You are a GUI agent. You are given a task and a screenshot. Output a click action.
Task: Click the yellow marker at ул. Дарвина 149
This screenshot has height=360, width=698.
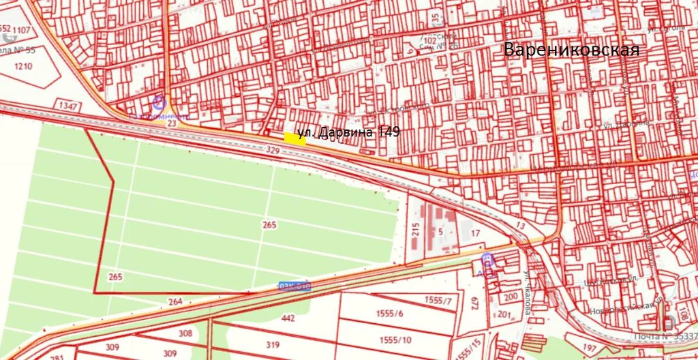pyautogui.click(x=294, y=138)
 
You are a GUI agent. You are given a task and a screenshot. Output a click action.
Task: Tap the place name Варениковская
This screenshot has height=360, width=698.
pyautogui.click(x=571, y=50)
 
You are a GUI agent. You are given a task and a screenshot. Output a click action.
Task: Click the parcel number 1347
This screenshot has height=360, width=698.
pyautogui.click(x=69, y=106)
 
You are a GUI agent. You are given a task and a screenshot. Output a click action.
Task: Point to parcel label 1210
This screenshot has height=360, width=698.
pyautogui.click(x=24, y=66)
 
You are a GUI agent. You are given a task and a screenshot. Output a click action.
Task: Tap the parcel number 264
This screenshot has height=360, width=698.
pyautogui.click(x=175, y=301)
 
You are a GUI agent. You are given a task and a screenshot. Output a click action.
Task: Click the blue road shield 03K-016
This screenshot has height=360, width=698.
pyautogui.click(x=294, y=287)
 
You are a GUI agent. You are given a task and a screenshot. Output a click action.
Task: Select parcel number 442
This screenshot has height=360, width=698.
pyautogui.click(x=288, y=318)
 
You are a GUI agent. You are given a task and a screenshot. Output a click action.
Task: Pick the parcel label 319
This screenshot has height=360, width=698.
pyautogui.click(x=273, y=344)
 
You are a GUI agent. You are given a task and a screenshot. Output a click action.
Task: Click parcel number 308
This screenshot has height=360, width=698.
pyautogui.click(x=185, y=333)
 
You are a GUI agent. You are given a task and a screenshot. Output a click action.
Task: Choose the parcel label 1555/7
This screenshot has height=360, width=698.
pyautogui.click(x=438, y=299)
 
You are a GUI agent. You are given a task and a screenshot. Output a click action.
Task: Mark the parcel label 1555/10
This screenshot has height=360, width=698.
pyautogui.click(x=396, y=340)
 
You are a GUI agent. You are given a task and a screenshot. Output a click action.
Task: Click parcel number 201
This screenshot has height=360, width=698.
pyautogui.click(x=504, y=314)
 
